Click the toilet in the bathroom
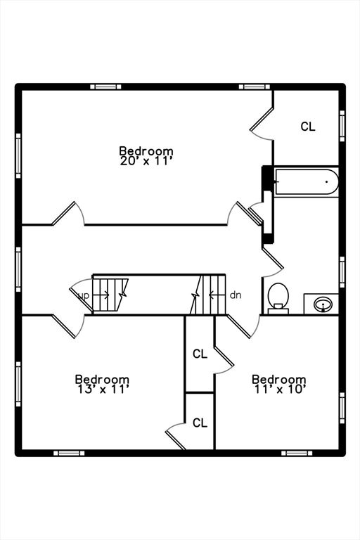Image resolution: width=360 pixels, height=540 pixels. click(x=278, y=298)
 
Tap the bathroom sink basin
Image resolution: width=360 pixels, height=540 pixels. click(x=323, y=304)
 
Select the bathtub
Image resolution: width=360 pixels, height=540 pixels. click(x=307, y=182)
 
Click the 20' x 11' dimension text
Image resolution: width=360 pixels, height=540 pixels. click(x=146, y=161)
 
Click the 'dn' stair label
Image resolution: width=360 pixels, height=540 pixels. click(x=236, y=295)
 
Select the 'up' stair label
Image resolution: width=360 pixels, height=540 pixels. click(x=84, y=295)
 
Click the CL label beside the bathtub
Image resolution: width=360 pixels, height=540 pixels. click(x=308, y=127)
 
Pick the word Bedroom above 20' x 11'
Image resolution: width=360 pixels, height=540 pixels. click(x=146, y=151)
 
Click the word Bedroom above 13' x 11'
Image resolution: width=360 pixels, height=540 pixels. click(x=103, y=379)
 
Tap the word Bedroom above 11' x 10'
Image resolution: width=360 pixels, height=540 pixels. click(x=279, y=379)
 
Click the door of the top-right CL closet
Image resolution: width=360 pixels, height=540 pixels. click(x=261, y=120)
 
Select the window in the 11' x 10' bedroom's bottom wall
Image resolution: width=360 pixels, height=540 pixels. click(x=297, y=454)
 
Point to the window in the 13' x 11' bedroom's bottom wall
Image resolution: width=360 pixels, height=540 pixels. click(x=69, y=454)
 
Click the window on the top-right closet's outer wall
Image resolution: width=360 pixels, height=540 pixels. click(x=342, y=126)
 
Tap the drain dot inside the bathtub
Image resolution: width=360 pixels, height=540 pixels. click(x=326, y=181)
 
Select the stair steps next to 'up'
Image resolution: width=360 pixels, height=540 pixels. click(x=107, y=295)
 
